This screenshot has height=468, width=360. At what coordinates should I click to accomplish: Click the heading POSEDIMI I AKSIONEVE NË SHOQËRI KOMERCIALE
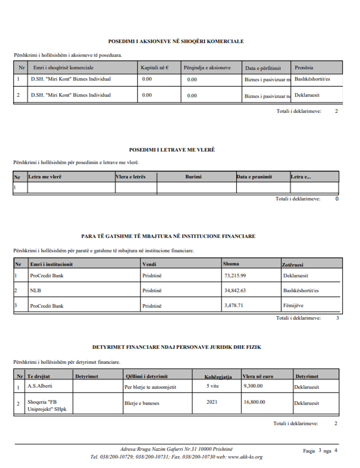(176, 42)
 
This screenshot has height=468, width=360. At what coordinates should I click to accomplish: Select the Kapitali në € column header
(155, 68)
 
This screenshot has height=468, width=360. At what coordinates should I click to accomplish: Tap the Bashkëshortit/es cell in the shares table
(312, 79)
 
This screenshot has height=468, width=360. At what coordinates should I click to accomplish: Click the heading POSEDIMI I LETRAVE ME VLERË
(172, 150)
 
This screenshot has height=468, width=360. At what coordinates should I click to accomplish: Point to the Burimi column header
(194, 177)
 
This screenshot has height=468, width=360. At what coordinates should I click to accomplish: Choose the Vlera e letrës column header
(131, 177)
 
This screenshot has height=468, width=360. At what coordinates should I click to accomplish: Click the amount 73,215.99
(235, 276)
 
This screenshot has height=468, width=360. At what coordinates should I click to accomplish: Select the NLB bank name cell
(36, 291)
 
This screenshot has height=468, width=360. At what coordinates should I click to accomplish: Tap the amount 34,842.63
(235, 291)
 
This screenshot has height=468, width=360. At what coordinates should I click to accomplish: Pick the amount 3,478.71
(234, 305)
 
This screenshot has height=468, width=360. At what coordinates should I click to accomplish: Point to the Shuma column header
(231, 264)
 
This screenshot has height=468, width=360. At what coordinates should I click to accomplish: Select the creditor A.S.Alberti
(40, 386)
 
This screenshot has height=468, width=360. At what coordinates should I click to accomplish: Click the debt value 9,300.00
(253, 386)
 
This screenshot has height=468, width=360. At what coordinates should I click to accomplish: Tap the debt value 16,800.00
(254, 402)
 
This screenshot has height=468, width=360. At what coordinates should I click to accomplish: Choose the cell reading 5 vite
(212, 386)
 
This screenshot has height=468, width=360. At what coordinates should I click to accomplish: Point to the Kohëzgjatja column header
(218, 377)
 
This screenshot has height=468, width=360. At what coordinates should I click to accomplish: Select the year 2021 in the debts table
(212, 402)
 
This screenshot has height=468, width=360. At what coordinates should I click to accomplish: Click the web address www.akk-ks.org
(245, 457)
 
